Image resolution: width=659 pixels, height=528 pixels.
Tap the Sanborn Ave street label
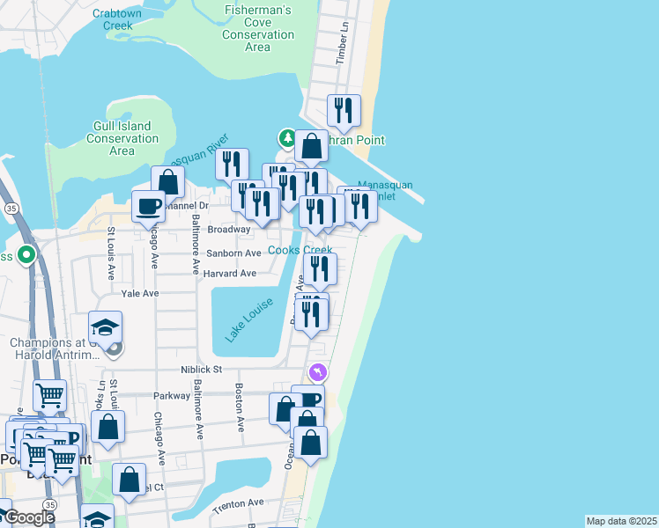(233, 253)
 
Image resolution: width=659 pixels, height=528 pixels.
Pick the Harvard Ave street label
(229, 274)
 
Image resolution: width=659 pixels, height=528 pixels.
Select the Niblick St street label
(201, 370)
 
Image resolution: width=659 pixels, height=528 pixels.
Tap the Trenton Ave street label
(238, 502)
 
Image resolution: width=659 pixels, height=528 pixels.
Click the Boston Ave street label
(240, 407)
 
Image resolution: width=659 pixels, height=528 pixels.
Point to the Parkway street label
(171, 395)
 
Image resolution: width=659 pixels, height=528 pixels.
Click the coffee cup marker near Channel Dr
(148, 206)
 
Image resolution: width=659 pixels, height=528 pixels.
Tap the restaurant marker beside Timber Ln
(344, 110)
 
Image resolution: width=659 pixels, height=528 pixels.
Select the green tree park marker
(287, 137)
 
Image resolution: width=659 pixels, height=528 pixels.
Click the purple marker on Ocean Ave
(317, 373)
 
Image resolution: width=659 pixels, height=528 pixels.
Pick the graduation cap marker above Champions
(106, 328)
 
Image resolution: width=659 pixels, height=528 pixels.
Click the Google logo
(30, 517)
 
